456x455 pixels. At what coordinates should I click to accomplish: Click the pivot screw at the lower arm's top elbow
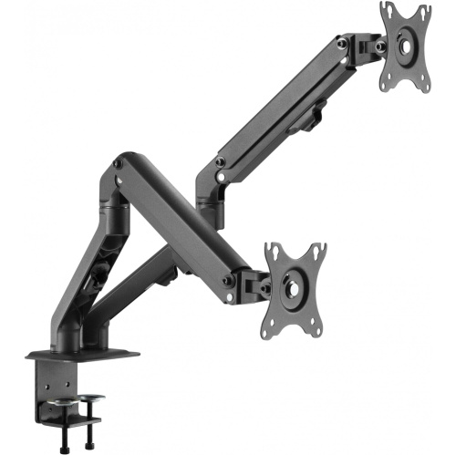coord(117,165)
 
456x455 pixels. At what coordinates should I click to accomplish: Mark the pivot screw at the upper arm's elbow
coord(220,163)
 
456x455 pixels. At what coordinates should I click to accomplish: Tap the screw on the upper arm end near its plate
coord(344,42)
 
